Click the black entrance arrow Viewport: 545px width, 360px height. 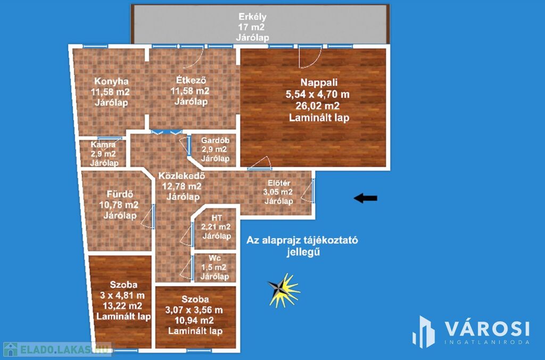click(365, 198)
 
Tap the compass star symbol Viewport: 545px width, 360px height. click(283, 290)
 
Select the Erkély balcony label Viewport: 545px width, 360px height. click(252, 16)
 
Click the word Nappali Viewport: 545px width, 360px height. click(319, 82)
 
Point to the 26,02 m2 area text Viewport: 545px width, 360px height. click(317, 106)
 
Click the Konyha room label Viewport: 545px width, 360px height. click(111, 81)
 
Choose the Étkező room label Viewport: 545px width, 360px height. click(191, 80)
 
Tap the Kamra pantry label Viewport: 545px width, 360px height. click(103, 145)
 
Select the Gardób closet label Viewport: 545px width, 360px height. click(215, 140)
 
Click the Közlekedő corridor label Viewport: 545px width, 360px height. click(181, 175)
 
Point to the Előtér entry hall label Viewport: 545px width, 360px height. click(279, 183)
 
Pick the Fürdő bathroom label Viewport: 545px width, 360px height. click(120, 194)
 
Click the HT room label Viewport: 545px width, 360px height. click(217, 218)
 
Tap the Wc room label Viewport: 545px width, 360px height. click(215, 258)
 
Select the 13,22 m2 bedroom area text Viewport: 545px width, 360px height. click(122, 306)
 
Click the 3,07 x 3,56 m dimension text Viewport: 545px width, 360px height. click(194, 309)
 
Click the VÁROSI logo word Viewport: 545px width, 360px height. click(487, 329)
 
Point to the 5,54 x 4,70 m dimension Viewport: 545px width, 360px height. click(317, 94)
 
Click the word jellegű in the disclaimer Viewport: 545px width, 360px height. click(303, 252)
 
